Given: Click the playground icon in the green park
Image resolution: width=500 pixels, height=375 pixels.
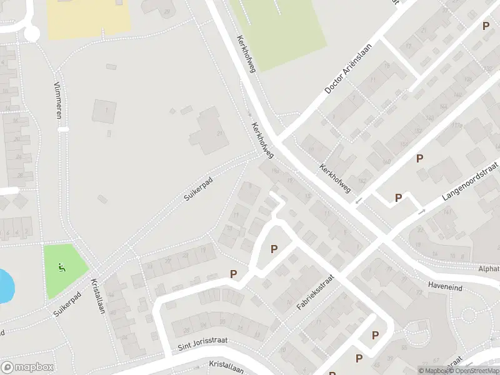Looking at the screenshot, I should [62, 268].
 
